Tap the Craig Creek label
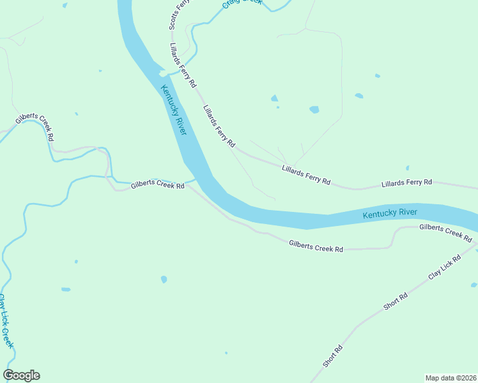tap(242, 3)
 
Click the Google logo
tap(21, 375)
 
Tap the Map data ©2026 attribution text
tap(451, 378)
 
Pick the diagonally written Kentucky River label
tap(173, 110)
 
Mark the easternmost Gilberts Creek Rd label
tap(445, 233)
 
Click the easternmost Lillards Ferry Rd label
tap(406, 183)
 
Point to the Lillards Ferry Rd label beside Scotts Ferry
tap(183, 66)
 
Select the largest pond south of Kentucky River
tap(164, 280)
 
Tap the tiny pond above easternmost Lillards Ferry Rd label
tap(407, 169)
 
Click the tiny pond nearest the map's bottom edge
tap(226, 352)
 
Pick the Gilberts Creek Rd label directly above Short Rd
tap(316, 246)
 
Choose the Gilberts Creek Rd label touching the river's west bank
tap(158, 186)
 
